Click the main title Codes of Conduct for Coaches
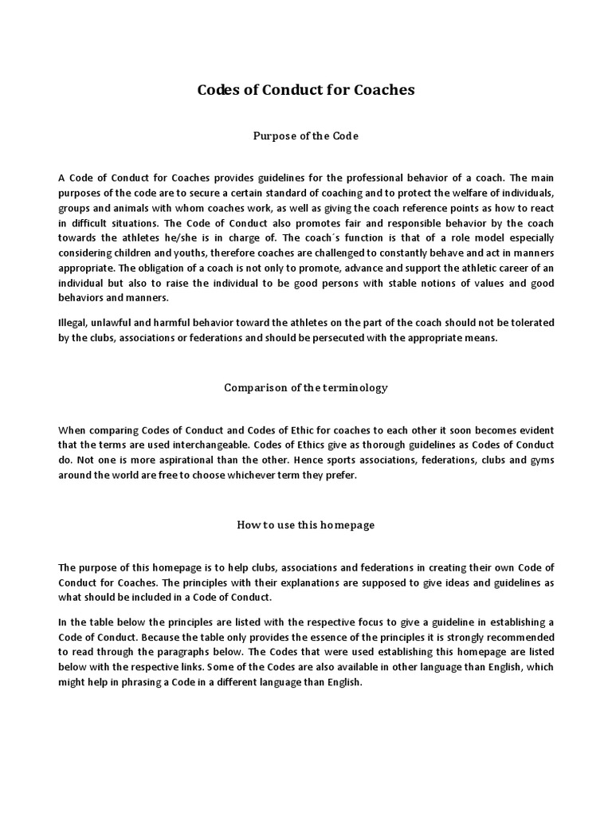pos(306,90)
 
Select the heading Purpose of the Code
pos(306,136)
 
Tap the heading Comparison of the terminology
pos(306,388)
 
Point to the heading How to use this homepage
pos(306,525)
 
